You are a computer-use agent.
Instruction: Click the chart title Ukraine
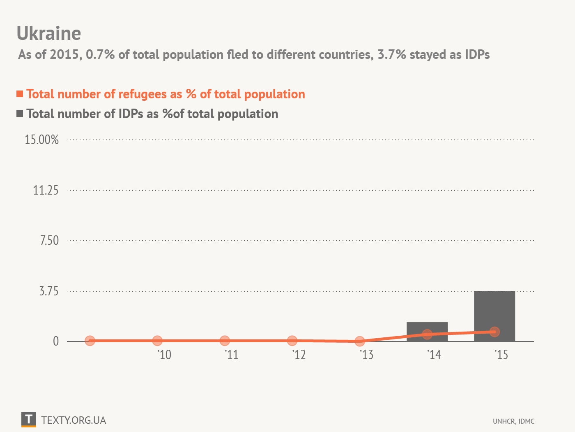click(x=49, y=33)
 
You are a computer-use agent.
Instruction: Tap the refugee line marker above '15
click(x=494, y=332)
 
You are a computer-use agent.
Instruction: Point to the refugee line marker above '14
click(x=427, y=334)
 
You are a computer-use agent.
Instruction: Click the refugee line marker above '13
click(x=359, y=341)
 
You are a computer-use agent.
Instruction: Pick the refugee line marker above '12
click(x=292, y=341)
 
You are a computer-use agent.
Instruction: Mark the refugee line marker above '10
click(x=157, y=341)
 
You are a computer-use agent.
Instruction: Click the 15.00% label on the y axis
click(x=41, y=140)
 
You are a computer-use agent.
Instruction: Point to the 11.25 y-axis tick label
click(x=46, y=190)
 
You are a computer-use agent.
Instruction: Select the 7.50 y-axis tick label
click(x=49, y=241)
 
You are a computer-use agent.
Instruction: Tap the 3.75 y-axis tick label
click(x=49, y=291)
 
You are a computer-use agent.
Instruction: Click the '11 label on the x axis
click(x=232, y=355)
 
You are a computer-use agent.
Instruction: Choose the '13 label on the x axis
click(x=366, y=355)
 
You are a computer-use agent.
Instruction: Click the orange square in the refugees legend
click(x=20, y=94)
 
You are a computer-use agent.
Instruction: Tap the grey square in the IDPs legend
click(x=20, y=114)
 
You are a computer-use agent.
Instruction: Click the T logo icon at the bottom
click(x=29, y=419)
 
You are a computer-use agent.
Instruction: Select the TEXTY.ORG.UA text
click(x=74, y=420)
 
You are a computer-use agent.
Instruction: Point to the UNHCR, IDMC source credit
click(x=513, y=421)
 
